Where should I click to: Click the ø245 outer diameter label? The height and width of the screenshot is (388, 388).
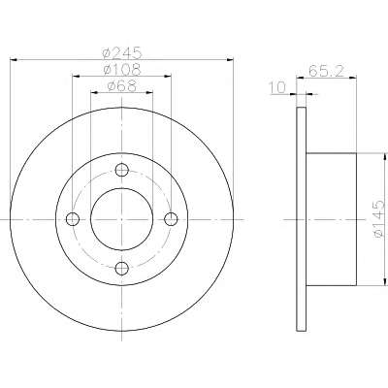121,52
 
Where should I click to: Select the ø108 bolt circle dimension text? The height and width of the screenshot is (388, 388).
121,69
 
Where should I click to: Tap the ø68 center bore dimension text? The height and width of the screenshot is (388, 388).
121,86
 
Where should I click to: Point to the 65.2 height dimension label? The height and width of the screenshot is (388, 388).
326,71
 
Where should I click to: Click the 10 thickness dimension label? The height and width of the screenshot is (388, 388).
278,87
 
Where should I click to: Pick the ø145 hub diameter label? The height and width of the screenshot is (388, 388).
378,219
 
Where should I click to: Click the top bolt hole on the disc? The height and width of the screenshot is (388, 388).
122,170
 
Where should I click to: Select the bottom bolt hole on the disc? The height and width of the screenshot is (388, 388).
122,268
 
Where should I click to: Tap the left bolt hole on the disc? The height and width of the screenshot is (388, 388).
73,219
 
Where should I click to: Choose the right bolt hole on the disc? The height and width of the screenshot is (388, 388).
171,219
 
